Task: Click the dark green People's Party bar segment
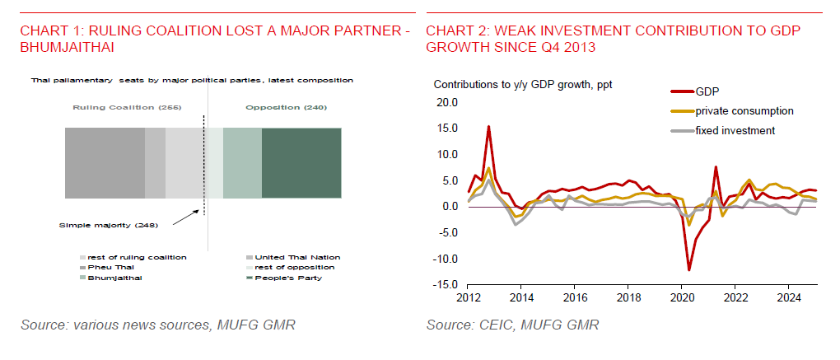coord(301,163)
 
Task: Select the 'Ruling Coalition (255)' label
coord(127,108)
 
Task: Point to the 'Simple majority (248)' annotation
coord(108,224)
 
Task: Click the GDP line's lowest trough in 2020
coord(689,270)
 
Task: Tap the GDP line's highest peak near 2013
coord(488,127)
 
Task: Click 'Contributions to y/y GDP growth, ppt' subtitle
coord(523,84)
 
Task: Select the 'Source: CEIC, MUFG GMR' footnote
coord(512,325)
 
